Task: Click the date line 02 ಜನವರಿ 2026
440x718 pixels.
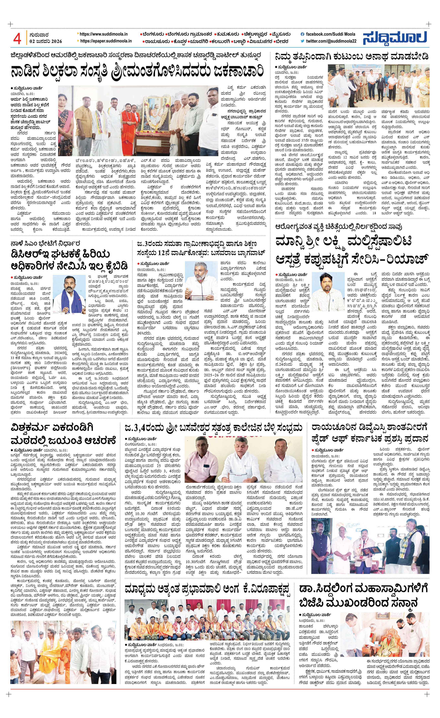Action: (46, 41)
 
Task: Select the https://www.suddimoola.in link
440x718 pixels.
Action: (104, 34)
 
